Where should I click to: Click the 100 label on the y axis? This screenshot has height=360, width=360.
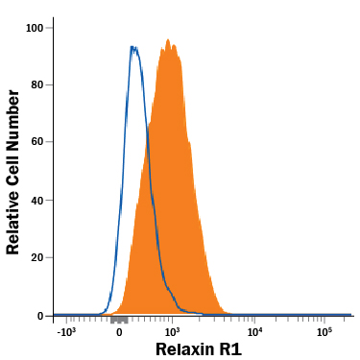click(x=36, y=28)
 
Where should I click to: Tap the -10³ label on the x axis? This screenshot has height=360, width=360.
click(x=66, y=331)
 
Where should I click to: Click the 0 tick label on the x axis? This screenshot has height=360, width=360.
click(x=119, y=332)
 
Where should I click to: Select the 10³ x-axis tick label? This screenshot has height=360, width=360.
click(x=173, y=331)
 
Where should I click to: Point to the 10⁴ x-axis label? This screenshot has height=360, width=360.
click(x=255, y=331)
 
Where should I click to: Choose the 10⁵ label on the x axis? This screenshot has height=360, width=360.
click(x=324, y=331)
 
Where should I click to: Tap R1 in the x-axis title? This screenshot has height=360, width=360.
click(x=230, y=349)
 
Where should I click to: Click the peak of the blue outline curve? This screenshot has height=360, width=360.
click(x=133, y=47)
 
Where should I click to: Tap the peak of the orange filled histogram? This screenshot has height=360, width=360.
click(x=168, y=40)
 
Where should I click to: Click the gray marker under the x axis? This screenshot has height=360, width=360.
click(x=119, y=319)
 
